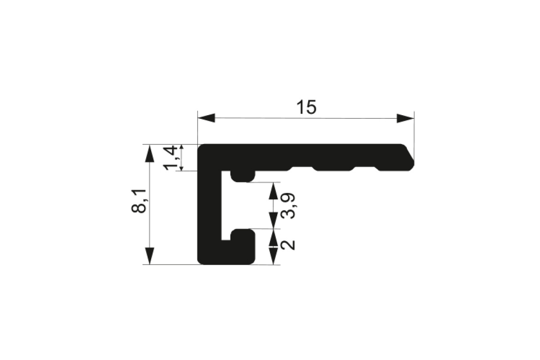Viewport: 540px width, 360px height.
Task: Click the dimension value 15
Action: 306,107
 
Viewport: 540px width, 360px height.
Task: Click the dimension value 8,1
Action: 139,201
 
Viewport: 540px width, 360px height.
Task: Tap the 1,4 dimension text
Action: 171,157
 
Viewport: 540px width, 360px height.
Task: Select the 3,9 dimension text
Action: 288,206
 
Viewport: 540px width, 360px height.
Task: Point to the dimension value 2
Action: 288,245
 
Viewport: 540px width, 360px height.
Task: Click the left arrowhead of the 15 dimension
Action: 206,118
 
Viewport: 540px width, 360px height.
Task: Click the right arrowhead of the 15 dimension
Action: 405,118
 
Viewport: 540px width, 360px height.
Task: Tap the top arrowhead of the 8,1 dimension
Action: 150,153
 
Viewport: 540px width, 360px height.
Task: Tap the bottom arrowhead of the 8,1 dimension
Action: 150,256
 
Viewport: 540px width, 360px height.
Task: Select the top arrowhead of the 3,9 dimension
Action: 273,191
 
